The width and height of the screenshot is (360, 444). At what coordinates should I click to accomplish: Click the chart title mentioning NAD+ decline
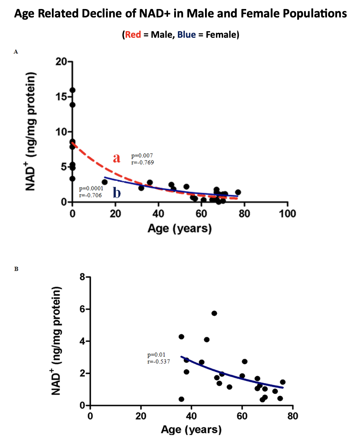click(x=180, y=14)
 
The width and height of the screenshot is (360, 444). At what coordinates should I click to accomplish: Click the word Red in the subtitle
click(x=133, y=35)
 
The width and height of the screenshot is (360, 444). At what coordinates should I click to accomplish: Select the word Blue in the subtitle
click(x=186, y=35)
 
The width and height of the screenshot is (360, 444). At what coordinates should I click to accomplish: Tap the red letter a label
click(x=116, y=158)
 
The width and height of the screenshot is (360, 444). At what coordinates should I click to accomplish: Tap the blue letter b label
click(x=116, y=192)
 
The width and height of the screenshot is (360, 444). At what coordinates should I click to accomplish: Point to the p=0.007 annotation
click(x=142, y=156)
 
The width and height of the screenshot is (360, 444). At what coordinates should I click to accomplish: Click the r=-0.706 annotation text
click(x=90, y=195)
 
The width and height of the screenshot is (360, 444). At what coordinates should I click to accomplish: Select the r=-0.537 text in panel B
click(x=159, y=361)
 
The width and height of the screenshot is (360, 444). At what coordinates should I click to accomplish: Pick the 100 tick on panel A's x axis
click(x=287, y=213)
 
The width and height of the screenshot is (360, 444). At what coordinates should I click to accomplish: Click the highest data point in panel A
click(x=73, y=90)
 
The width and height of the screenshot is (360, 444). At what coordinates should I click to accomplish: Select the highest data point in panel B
click(x=214, y=313)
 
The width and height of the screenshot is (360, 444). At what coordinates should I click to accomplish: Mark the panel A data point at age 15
click(x=105, y=182)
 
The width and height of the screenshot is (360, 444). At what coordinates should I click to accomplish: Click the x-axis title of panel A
click(x=179, y=229)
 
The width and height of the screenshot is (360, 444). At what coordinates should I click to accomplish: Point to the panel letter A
click(x=16, y=52)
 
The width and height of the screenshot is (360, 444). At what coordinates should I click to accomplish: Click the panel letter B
click(x=16, y=269)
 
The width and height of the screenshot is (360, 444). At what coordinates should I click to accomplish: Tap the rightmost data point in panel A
click(x=238, y=192)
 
